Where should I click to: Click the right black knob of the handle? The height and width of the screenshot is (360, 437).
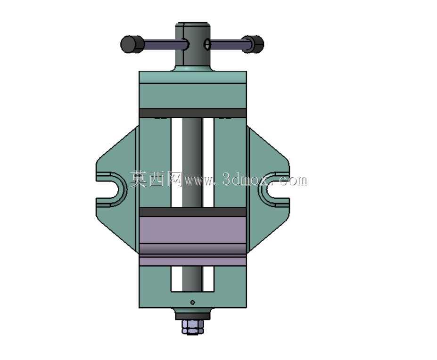[253, 44]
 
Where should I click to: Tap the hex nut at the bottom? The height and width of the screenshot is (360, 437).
[193, 327]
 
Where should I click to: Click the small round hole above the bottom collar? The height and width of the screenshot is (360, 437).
[193, 303]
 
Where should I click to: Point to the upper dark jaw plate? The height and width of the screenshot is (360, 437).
[193, 113]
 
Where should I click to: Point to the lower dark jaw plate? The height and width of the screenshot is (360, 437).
[193, 212]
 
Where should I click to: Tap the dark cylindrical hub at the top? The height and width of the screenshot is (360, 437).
[193, 46]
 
